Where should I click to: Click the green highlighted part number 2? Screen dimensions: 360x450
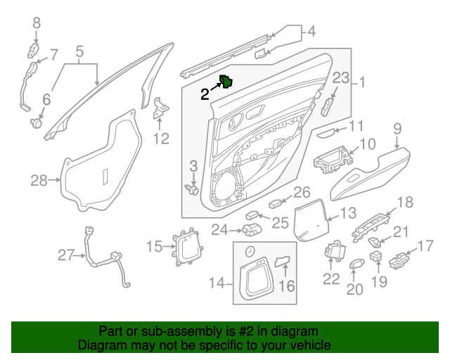tap(228, 82)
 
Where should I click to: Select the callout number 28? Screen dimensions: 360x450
tap(38, 181)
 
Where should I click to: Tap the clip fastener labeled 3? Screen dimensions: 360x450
tap(192, 188)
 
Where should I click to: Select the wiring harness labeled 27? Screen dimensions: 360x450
tap(105, 260)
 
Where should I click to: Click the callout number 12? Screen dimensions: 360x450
tap(161, 139)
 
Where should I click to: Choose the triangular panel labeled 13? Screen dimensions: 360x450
tap(310, 219)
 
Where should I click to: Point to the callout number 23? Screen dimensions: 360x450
tap(340, 78)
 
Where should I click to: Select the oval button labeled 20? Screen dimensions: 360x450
tap(356, 264)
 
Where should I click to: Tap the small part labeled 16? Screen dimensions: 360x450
tap(283, 262)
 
